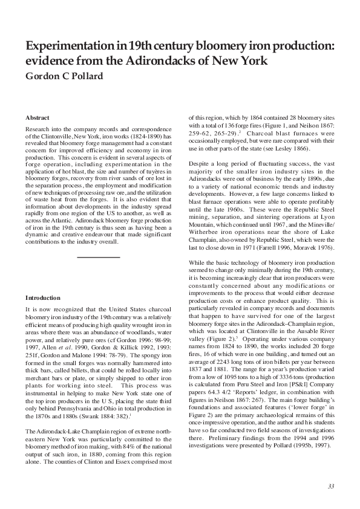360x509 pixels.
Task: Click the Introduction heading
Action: click(42, 298)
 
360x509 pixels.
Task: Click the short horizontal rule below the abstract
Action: click(99, 257)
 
